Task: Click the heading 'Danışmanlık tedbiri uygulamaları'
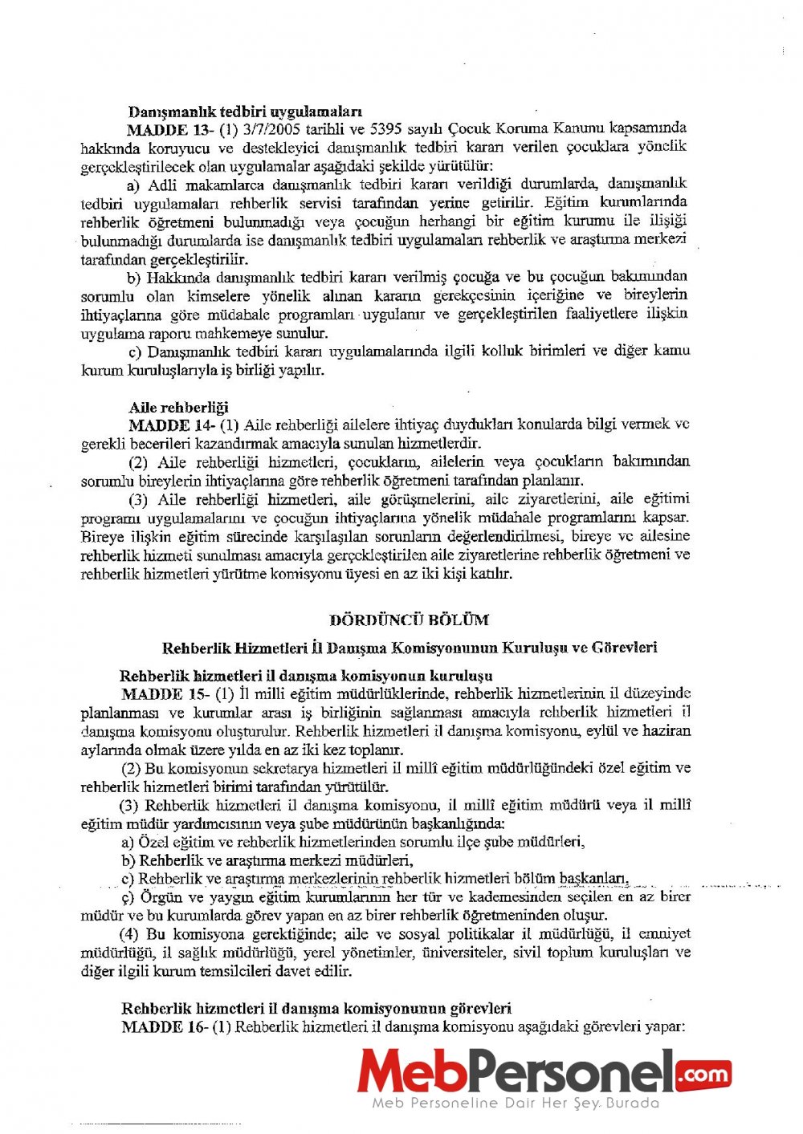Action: (245, 112)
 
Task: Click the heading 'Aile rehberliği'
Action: (178, 407)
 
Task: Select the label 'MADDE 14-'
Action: (170, 425)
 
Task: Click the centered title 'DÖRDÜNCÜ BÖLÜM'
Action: (409, 620)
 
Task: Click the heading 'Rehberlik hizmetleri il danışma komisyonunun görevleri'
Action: (316, 1008)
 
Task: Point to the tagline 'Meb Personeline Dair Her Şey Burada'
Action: (515, 1104)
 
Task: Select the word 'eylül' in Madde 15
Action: (621, 731)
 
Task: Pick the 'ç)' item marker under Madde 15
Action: (128, 897)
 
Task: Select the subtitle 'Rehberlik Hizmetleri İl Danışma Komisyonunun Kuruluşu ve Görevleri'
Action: (410, 648)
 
